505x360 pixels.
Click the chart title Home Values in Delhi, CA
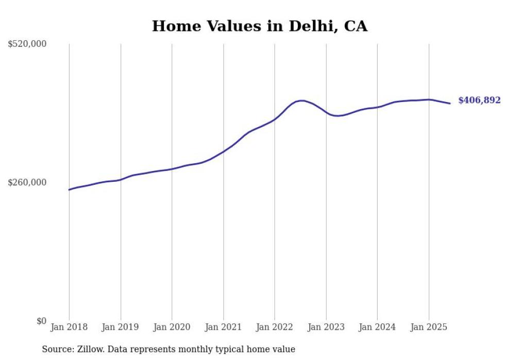260,26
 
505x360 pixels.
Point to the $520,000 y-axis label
27,44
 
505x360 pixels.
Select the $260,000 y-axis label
27,182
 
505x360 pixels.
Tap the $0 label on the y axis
41,321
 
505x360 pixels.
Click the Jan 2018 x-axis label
69,327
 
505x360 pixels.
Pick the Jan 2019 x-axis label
121,327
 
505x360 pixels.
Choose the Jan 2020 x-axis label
172,327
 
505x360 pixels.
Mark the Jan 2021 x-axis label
223,327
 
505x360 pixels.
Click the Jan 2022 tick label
275,327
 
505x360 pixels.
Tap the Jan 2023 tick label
326,327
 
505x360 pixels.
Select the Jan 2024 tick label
377,327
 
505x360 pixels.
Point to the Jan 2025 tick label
429,327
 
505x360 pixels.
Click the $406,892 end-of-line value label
479,100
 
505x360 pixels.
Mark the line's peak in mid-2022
302,100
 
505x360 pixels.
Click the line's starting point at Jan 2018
69,190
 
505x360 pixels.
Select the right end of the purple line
450,104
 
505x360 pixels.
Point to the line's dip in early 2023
338,116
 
